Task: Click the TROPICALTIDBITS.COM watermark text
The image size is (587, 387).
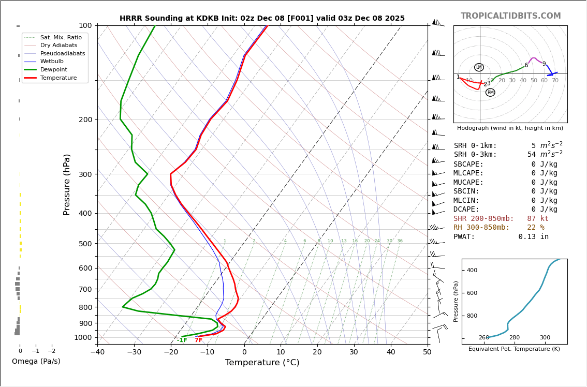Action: [510, 16]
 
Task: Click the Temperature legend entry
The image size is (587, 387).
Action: [58, 78]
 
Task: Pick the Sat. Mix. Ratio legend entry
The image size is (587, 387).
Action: [61, 38]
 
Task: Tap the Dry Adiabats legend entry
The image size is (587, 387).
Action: [58, 46]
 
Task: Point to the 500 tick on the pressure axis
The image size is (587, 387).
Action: [85, 244]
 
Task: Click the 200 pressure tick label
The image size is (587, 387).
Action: [85, 120]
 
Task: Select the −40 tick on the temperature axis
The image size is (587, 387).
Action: [97, 352]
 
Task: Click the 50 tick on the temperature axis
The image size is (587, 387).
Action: [427, 352]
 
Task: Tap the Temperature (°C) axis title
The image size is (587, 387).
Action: [262, 363]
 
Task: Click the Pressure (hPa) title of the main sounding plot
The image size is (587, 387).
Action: [67, 184]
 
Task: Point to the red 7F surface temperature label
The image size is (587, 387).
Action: [198, 340]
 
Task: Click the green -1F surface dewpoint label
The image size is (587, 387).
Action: [182, 340]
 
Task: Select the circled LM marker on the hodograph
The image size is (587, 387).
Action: [479, 67]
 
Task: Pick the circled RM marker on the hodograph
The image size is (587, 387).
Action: [490, 93]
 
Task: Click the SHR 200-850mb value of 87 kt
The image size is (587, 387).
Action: [538, 219]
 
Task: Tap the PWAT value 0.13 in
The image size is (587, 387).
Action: [533, 237]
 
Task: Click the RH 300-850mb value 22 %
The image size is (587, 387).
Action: [536, 228]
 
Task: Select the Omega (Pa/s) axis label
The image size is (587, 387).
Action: [36, 362]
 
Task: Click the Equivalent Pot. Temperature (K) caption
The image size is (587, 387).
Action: [514, 349]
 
